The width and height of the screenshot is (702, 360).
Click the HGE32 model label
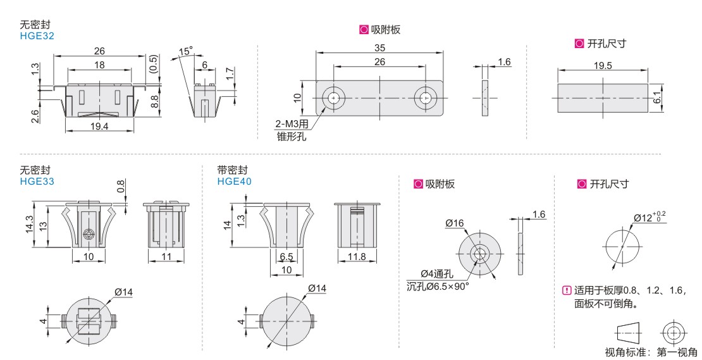[37, 36]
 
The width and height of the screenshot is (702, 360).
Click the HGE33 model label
[37, 182]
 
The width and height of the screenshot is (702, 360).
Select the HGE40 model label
[234, 182]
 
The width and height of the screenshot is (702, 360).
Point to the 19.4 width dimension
[99, 127]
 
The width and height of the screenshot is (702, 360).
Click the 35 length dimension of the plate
[379, 48]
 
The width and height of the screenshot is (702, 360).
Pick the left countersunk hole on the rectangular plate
[333, 97]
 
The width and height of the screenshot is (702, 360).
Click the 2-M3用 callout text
[292, 123]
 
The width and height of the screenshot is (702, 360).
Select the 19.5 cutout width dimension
[603, 65]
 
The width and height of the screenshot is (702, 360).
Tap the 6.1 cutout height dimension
[657, 98]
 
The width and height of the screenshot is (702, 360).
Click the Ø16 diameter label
[455, 223]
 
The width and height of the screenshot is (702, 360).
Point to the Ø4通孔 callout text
[437, 273]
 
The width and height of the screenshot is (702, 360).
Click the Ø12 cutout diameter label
[650, 217]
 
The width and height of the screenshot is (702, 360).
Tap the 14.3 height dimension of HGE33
[30, 225]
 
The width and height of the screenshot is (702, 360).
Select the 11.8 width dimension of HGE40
[356, 257]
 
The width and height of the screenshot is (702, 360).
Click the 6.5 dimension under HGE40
[286, 257]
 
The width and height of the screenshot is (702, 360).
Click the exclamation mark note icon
[567, 290]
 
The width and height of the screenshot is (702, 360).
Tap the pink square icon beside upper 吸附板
[364, 30]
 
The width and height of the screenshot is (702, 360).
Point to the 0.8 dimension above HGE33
[121, 186]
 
